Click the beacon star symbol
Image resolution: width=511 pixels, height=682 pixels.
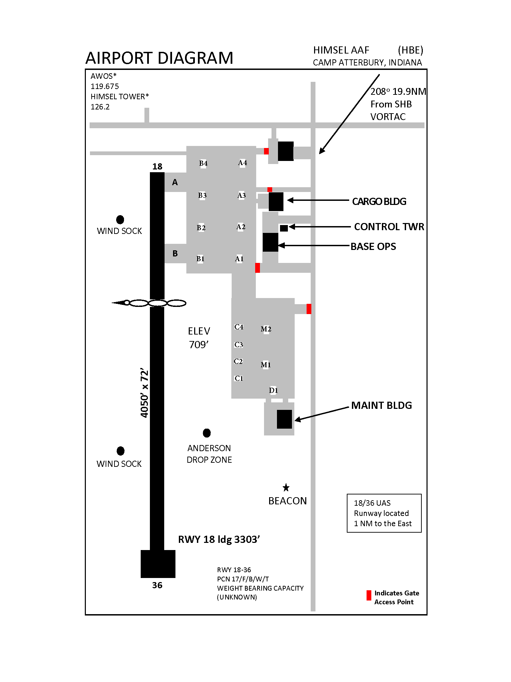[x=286, y=487]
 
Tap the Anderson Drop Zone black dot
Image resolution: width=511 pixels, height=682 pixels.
[x=207, y=433]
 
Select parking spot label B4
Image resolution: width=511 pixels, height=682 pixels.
[x=203, y=163]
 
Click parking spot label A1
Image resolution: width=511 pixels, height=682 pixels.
[x=239, y=259]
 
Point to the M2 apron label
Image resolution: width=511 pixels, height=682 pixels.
[x=266, y=329]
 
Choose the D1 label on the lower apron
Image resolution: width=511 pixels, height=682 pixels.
[x=274, y=390]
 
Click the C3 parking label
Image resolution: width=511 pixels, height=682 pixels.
[x=239, y=345]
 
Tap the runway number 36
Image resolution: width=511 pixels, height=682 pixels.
[x=157, y=585]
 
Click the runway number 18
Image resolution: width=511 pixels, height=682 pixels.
[x=157, y=166]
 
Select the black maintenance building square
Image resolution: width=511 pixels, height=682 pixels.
[x=284, y=419]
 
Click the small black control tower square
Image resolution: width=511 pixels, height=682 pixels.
[x=284, y=228]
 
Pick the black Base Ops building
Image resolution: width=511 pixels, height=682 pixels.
[x=270, y=242]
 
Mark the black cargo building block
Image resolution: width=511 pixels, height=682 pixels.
[x=276, y=202]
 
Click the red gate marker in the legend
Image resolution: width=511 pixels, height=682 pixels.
[x=369, y=595]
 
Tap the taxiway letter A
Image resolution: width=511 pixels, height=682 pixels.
[x=175, y=182]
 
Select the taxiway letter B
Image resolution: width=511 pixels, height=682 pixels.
[x=175, y=253]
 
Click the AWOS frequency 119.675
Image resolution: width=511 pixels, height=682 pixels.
[x=105, y=86]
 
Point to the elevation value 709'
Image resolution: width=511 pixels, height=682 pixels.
[x=199, y=345]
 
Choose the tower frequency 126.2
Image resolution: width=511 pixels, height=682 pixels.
[x=100, y=107]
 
